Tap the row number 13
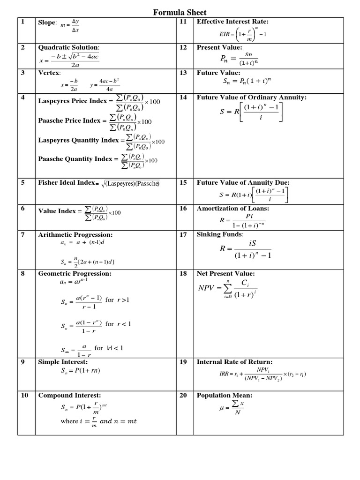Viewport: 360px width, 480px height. (183, 73)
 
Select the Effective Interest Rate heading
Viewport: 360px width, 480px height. (232, 22)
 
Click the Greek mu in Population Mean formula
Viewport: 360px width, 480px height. (222, 408)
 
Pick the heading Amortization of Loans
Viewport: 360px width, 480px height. (232, 208)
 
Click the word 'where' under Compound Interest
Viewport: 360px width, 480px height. (69, 421)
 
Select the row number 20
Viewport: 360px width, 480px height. (183, 395)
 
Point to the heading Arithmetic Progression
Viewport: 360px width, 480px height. (75, 234)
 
